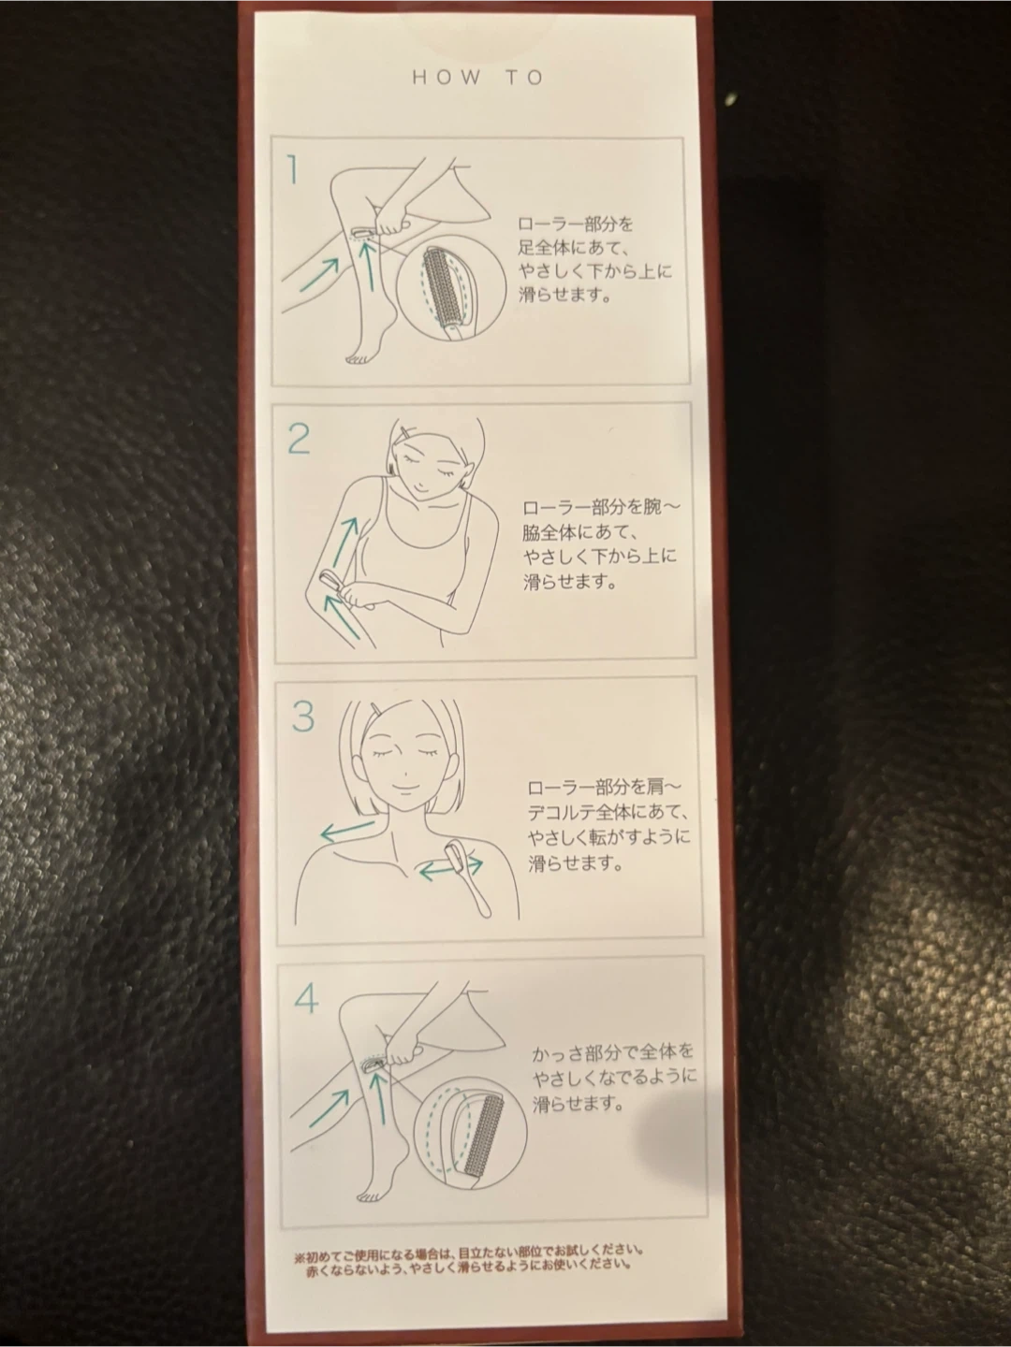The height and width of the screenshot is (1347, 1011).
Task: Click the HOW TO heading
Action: click(478, 78)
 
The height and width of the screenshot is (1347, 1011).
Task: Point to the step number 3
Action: click(302, 717)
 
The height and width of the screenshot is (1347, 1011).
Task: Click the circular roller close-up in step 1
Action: click(451, 286)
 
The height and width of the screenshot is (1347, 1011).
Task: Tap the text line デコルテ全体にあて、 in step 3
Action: click(606, 813)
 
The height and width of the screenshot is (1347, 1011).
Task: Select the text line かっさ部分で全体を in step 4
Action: click(612, 1051)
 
